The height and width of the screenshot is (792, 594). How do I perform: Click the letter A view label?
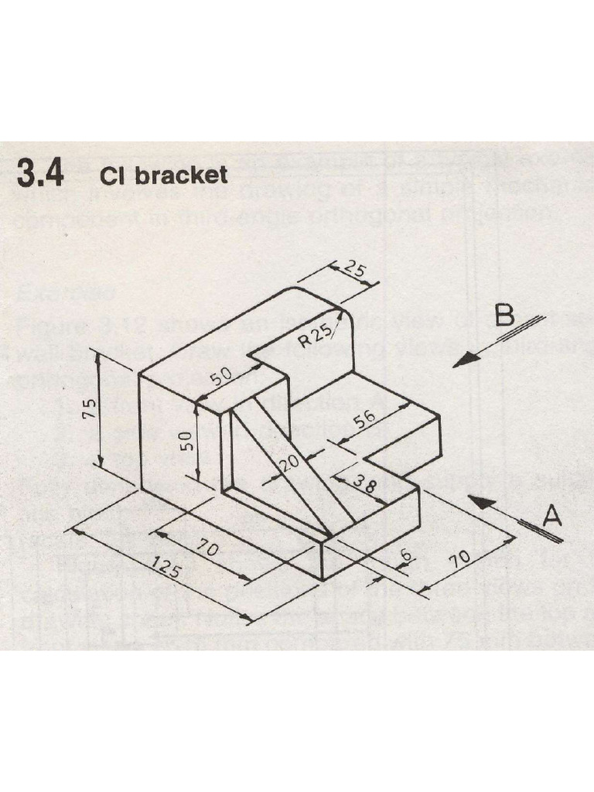551,516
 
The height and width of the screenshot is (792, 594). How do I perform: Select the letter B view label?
505,317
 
